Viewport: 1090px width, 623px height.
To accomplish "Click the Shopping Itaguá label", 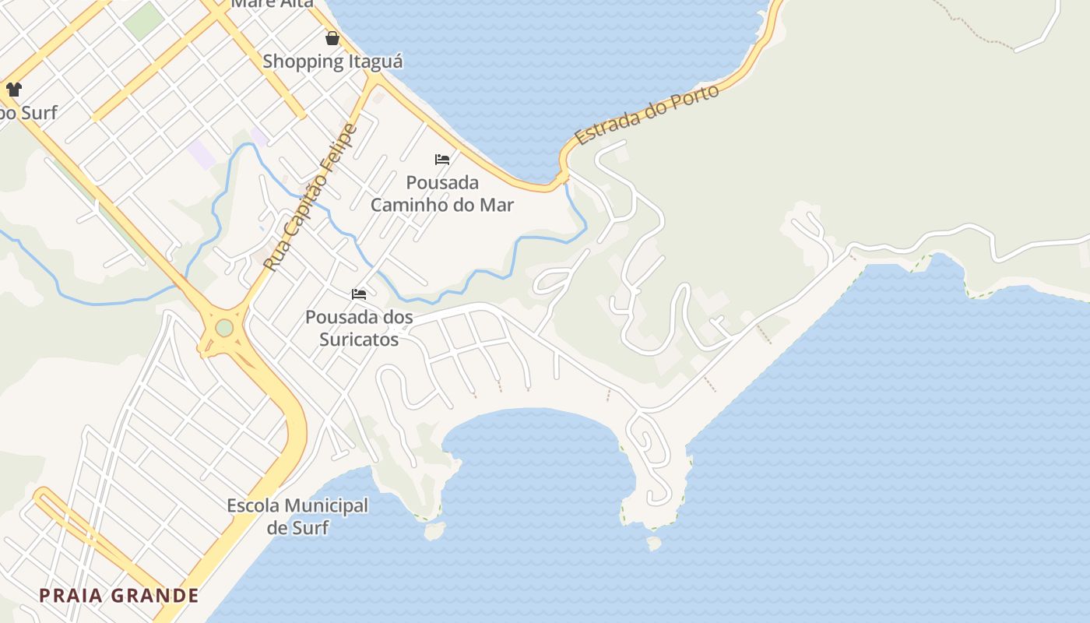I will [x=332, y=62].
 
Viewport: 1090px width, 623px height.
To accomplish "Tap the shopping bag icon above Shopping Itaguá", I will [x=332, y=38].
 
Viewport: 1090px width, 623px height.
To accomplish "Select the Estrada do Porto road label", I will [x=646, y=115].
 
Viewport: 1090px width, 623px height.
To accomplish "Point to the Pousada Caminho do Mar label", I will [x=441, y=194].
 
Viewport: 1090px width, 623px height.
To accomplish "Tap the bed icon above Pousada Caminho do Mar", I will [x=442, y=160].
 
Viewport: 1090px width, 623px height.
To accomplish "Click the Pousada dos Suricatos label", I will [x=359, y=329].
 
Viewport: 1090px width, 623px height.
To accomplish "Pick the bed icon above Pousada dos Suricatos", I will [x=359, y=294].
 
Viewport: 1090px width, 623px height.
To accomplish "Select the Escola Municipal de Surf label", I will [x=297, y=516].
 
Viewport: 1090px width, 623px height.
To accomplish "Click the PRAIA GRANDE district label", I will [x=119, y=596].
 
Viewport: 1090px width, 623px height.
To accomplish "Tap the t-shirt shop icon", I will [x=14, y=90].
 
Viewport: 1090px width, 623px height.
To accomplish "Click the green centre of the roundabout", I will [x=224, y=328].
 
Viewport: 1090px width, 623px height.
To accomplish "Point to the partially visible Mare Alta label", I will [x=272, y=4].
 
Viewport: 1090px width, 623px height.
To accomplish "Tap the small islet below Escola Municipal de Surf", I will [x=434, y=531].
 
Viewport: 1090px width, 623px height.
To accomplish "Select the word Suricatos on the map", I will [x=359, y=340].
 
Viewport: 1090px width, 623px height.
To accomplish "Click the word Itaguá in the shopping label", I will [x=375, y=62].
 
